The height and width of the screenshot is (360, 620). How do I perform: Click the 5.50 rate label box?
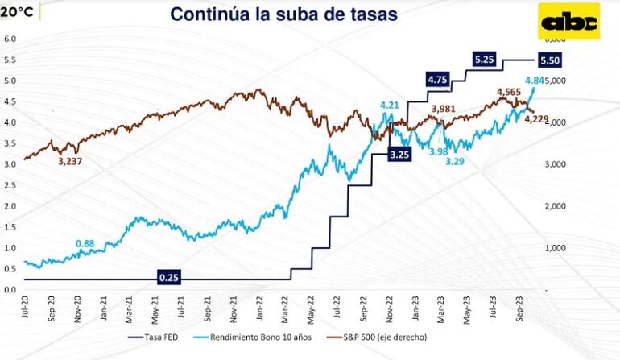point(551,60)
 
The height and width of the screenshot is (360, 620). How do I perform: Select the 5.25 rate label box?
point(485,60)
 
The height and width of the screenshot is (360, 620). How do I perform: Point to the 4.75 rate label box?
point(437,80)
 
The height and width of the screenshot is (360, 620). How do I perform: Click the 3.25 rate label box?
point(399,154)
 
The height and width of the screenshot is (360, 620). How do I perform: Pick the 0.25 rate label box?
point(168,278)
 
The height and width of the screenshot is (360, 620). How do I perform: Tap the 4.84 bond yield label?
point(535,81)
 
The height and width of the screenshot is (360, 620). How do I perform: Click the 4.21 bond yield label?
point(391,105)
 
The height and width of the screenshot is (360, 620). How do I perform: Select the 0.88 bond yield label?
point(85,243)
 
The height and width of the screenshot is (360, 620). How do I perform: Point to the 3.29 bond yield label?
point(457,161)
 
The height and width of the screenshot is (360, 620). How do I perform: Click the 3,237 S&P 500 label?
point(72,161)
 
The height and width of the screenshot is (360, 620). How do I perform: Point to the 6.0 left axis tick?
point(10,39)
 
